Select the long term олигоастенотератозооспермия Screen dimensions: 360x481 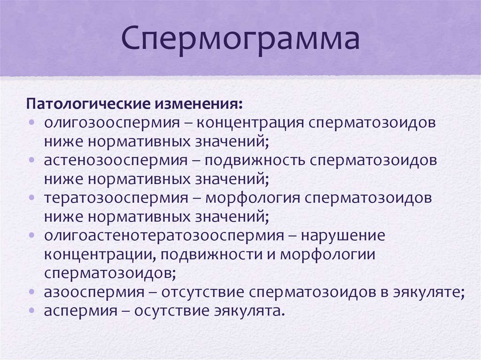164,235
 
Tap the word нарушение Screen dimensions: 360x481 342,235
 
